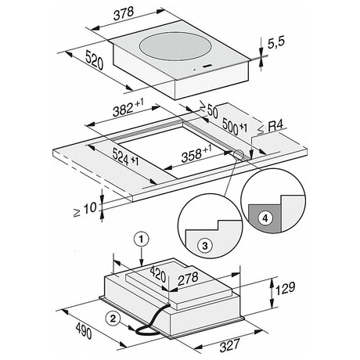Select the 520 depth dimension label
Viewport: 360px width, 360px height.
click(x=95, y=60)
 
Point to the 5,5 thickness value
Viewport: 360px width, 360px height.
click(x=276, y=43)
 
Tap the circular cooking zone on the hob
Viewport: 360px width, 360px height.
click(x=175, y=46)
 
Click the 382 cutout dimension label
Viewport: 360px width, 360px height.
click(x=128, y=107)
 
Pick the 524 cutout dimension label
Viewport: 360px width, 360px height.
click(x=125, y=157)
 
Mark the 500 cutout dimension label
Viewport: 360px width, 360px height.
click(x=235, y=126)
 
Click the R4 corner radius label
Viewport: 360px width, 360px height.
click(x=271, y=128)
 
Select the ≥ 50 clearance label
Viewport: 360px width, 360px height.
click(x=209, y=110)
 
